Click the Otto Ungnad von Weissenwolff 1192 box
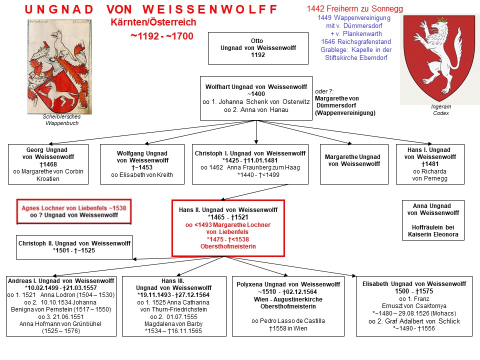(x=258, y=48)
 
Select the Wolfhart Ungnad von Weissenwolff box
(x=256, y=98)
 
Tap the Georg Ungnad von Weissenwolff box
(x=48, y=164)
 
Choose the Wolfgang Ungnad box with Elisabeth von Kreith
(x=142, y=164)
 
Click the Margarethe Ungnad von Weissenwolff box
(x=354, y=164)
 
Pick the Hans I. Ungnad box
(x=430, y=164)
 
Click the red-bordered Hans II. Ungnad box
(x=228, y=228)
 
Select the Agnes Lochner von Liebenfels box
(x=74, y=211)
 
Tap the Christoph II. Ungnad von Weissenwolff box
(x=74, y=247)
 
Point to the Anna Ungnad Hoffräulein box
(x=433, y=220)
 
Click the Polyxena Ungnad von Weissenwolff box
(x=288, y=306)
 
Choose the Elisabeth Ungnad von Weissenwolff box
(x=414, y=306)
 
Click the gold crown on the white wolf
(x=441, y=20)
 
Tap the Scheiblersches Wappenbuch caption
(x=62, y=120)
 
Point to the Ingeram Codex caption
(x=441, y=110)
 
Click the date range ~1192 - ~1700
(x=162, y=36)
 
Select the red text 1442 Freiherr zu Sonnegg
(x=355, y=8)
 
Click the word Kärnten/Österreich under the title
(x=153, y=22)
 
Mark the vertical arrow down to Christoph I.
(x=256, y=132)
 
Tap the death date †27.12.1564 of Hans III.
(x=191, y=295)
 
